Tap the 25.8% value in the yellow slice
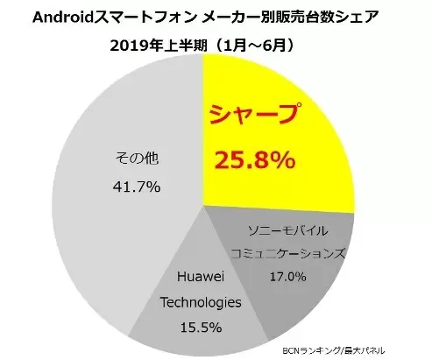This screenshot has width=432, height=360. coord(255,160)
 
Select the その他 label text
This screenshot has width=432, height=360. coord(137,159)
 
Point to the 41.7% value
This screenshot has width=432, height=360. coord(137,187)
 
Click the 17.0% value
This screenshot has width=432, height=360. coord(287,277)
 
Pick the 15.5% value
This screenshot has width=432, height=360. coord(201,328)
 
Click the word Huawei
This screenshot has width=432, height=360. coord(201,276)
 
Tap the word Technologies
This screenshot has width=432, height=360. coord(201,302)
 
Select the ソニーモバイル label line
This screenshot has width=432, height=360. coord(287,231)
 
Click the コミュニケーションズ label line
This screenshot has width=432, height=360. coord(287,253)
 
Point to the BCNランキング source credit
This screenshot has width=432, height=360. coord(311,350)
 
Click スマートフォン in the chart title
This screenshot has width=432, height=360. coord(145,18)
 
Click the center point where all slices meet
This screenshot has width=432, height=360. coord(202,206)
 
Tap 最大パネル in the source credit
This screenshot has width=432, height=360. coord(364,350)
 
